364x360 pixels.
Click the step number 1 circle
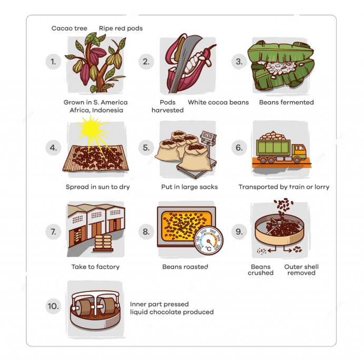point(53,62)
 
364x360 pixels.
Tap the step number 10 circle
point(53,306)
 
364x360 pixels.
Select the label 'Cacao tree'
point(69,28)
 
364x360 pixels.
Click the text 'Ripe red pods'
point(121,28)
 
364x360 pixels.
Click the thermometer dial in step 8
point(209,241)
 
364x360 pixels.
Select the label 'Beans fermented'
point(287,102)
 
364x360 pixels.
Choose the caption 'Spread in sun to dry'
point(98,187)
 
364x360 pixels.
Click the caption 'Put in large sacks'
point(190,187)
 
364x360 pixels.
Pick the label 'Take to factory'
point(95,267)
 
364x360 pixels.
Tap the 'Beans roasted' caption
point(185,267)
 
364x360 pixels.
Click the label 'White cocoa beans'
point(218,102)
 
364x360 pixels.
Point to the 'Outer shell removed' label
point(301,270)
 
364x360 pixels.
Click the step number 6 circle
point(239,148)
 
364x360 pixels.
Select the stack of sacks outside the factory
point(103,243)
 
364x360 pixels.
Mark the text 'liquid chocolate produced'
point(172,312)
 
